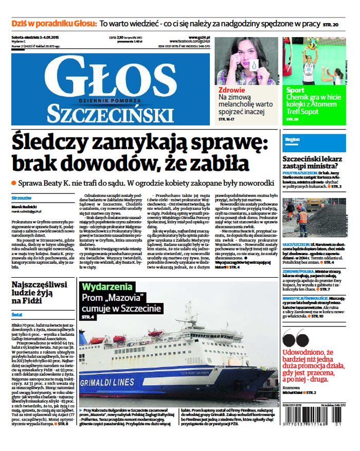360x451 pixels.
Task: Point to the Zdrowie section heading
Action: pos(231,89)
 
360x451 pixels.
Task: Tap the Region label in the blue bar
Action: pos(292,139)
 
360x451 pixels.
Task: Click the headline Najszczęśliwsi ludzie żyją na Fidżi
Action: pos(40,293)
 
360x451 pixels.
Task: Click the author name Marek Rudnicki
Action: pos(22,207)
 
